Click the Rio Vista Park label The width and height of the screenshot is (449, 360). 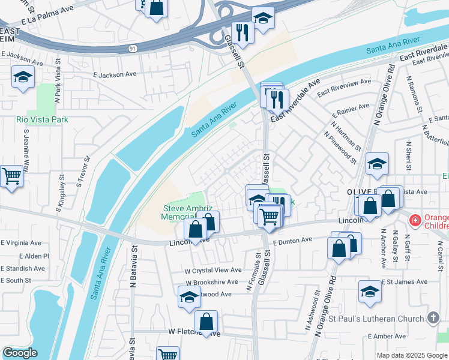pos(42,119)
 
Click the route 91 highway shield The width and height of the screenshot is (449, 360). pos(131,47)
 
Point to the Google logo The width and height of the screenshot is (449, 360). pos(20,353)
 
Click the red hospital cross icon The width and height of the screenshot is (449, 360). pos(414,221)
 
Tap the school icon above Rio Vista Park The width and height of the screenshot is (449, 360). pos(23,77)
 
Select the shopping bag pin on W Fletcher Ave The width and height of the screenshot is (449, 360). pos(206,322)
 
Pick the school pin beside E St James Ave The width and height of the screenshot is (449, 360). pos(370,292)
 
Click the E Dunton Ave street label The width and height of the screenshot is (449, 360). pos(292,240)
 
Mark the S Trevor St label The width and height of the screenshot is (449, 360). pos(87,172)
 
